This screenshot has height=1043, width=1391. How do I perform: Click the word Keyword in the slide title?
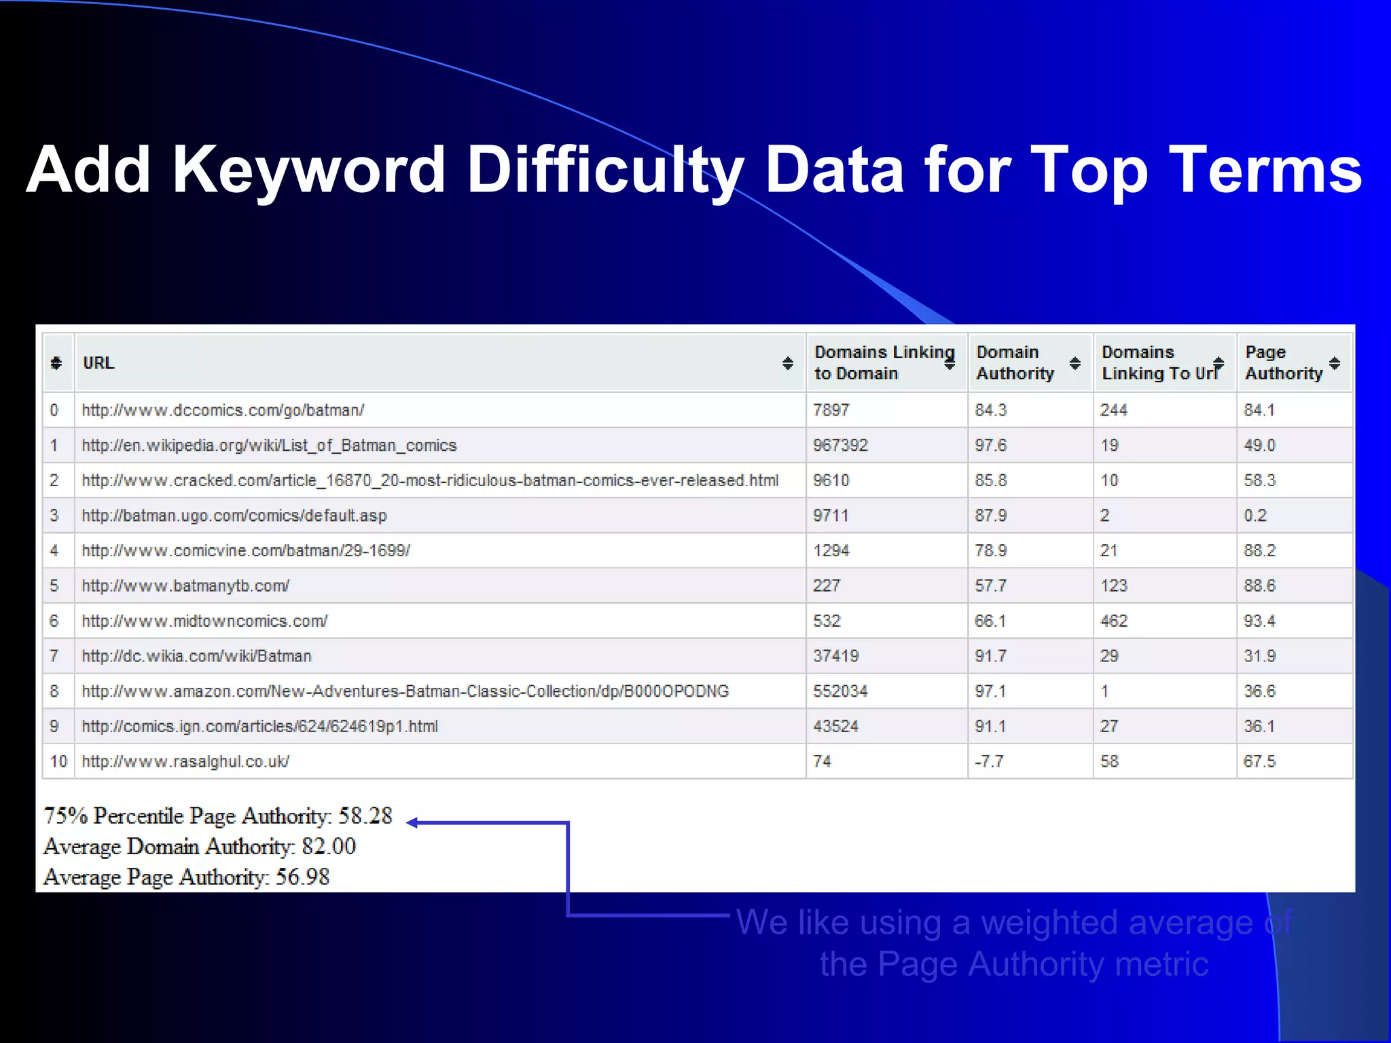[309, 170]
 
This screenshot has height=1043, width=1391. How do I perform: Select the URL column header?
[99, 363]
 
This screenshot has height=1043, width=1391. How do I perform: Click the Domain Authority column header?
[1015, 363]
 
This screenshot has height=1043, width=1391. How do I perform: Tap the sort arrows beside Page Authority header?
[1335, 363]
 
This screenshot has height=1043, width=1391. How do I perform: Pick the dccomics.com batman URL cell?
[223, 410]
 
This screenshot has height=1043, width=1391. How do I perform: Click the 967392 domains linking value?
[840, 445]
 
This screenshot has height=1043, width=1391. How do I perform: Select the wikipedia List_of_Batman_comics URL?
[269, 445]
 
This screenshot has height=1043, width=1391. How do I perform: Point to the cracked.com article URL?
[429, 481]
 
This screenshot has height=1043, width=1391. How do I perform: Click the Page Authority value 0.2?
[1255, 515]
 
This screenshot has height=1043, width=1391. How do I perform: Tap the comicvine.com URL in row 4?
[246, 551]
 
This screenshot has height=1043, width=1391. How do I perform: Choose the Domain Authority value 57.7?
[990, 586]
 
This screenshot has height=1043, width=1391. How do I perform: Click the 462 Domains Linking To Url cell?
[1114, 621]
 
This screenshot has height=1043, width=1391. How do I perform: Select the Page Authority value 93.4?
[1259, 621]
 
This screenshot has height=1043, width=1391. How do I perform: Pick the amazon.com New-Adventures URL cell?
[405, 691]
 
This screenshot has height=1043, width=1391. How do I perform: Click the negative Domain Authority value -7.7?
[988, 762]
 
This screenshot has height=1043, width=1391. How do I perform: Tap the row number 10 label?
[58, 762]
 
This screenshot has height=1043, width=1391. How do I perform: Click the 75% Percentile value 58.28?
[365, 816]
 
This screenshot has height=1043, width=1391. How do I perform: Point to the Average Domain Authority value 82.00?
[329, 846]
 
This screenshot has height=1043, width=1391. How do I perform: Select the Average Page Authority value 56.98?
[302, 877]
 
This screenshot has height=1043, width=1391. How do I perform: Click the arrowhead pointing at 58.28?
[412, 822]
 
